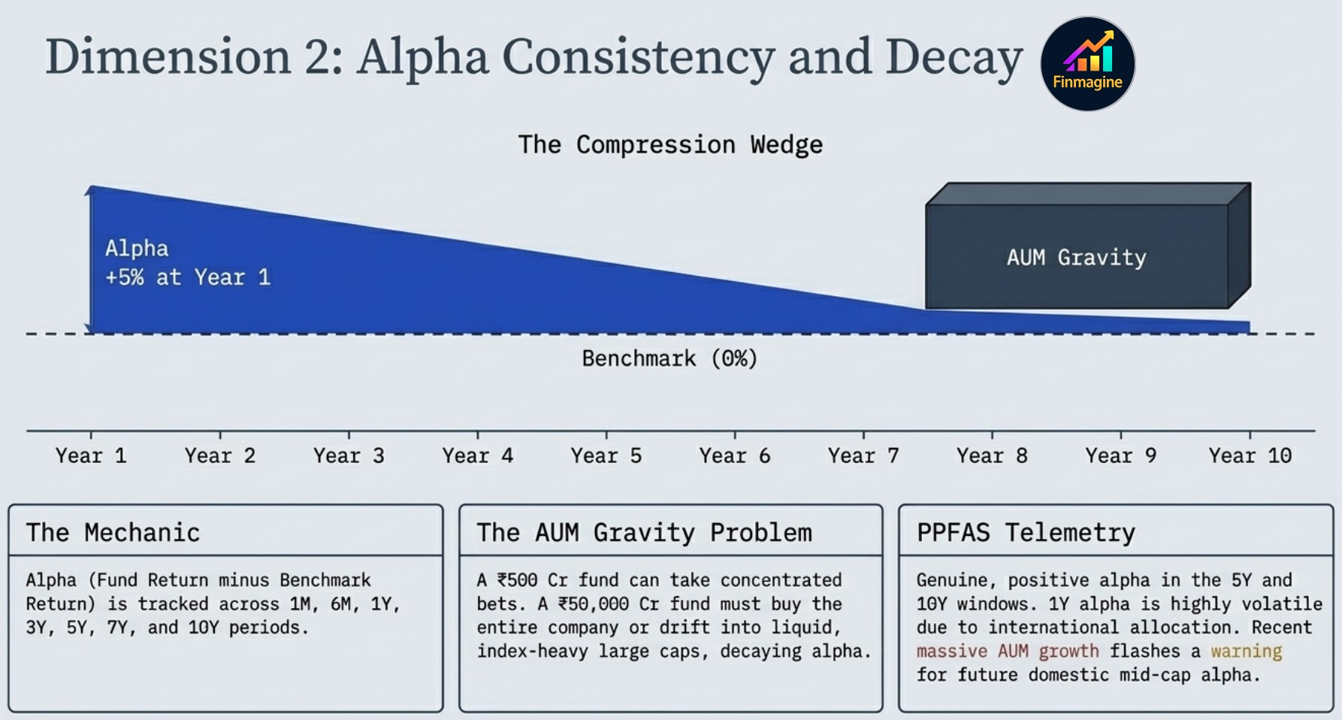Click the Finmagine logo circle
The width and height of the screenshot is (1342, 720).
point(1087,64)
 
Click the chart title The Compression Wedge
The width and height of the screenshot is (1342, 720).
point(670,144)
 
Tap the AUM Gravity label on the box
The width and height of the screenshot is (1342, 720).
point(1076,258)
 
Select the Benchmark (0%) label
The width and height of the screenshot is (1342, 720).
point(669,358)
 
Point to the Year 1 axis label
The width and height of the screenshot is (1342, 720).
point(91,455)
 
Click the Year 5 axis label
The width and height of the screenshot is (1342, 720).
point(606,455)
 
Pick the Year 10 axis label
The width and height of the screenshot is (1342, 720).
point(1250,455)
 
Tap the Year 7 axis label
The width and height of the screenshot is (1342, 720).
point(863,455)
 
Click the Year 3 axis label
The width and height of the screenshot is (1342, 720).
point(349,455)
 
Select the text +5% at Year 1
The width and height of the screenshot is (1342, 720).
point(188,277)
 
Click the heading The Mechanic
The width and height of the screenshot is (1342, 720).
point(113,533)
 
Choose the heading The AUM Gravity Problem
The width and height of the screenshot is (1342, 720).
point(644,533)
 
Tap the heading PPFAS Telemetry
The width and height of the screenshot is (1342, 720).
point(1026,533)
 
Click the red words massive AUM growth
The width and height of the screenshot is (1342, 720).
point(1007,651)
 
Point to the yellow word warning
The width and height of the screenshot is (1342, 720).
point(1246,651)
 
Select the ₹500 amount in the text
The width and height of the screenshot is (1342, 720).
point(517,580)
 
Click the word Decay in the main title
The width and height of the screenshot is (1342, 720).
point(954,57)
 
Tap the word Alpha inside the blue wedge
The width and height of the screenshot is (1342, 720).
point(137,249)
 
